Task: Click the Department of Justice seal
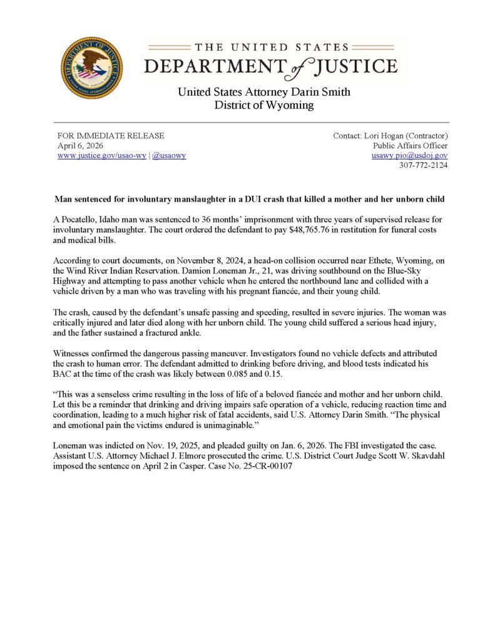[91, 68]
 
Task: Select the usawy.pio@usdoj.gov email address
[409, 155]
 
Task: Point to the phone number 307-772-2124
[424, 165]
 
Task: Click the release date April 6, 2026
[81, 145]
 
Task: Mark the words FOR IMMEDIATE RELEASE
[111, 135]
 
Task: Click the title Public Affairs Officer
[410, 145]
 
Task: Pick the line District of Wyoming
[263, 105]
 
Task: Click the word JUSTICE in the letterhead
[354, 66]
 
